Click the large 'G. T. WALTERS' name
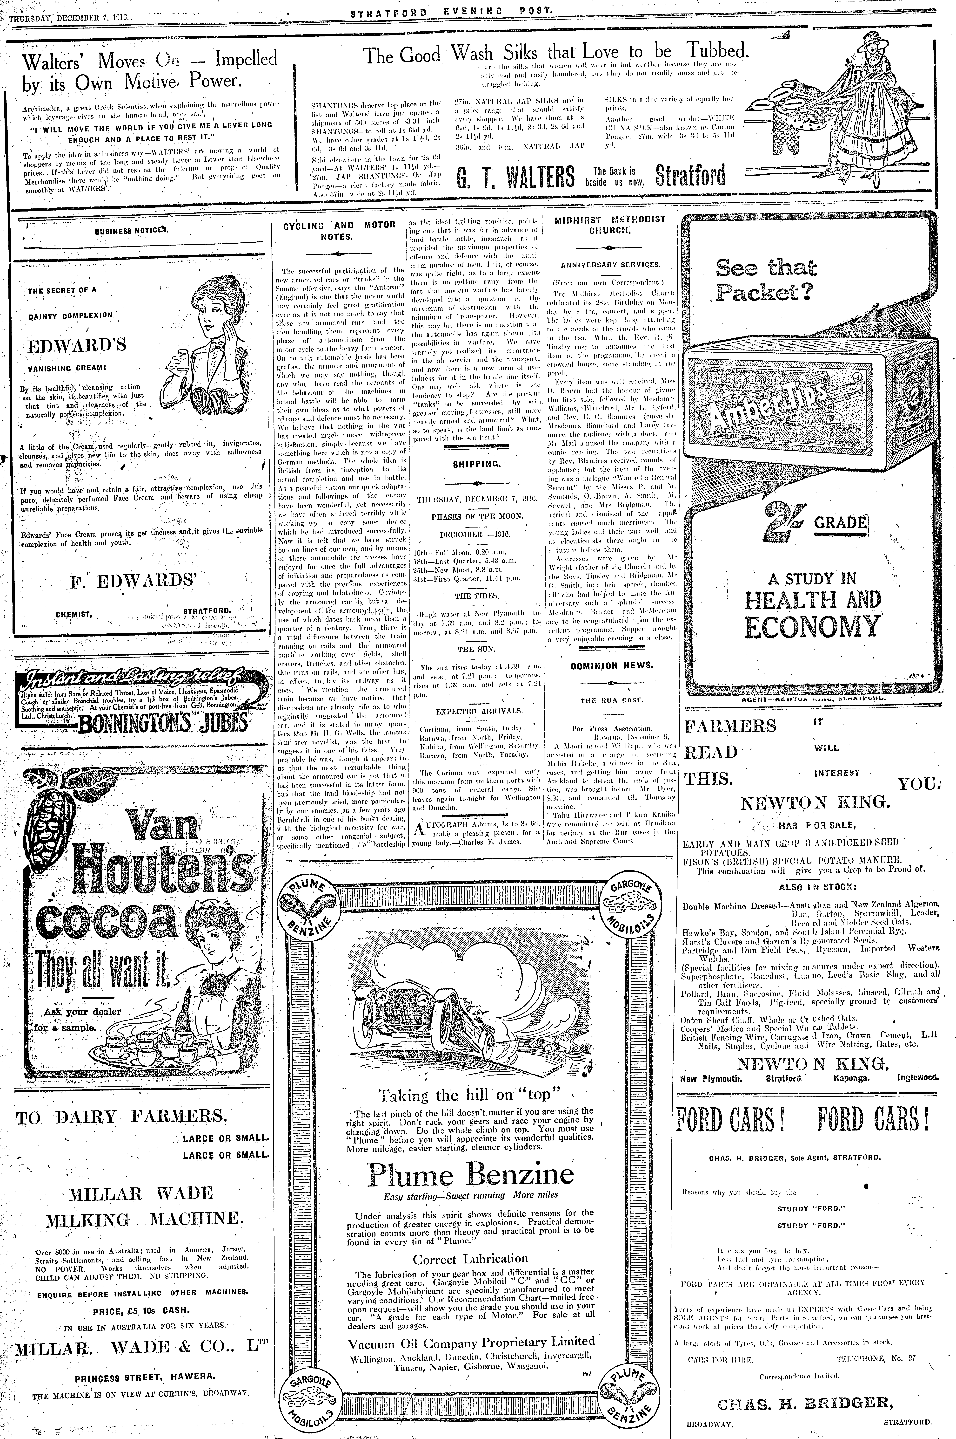tap(515, 177)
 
